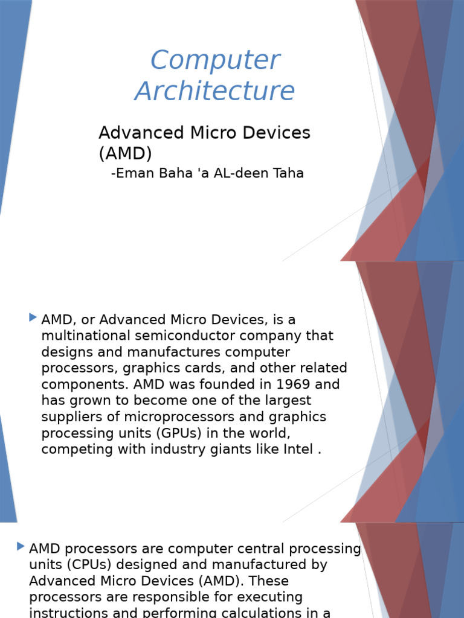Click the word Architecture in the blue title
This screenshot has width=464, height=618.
214,91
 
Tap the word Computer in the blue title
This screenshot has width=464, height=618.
214,60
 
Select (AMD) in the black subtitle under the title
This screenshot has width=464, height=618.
125,153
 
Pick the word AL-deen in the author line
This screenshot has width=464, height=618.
240,174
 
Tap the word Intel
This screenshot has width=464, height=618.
297,450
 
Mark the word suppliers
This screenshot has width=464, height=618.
68,417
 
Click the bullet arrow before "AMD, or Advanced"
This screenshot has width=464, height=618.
33,317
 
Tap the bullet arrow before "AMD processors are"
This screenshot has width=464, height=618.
21,547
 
